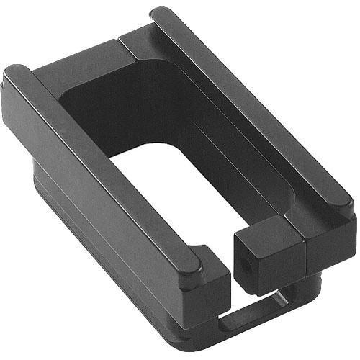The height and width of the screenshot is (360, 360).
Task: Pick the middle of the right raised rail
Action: (x=252, y=108)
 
